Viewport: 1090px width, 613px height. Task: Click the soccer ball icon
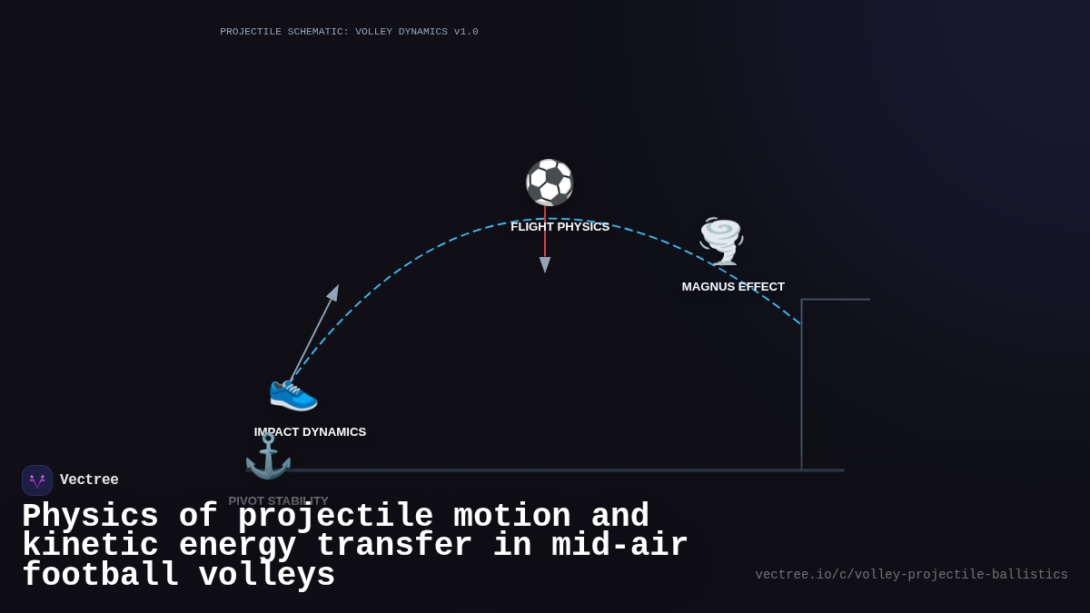pos(550,183)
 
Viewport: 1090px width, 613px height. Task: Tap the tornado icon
pos(721,241)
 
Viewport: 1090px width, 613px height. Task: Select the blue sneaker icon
pos(293,393)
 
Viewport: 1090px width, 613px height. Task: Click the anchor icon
pos(268,456)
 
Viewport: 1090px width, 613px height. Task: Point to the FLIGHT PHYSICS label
pos(560,227)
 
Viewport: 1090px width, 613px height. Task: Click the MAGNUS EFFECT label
pos(733,287)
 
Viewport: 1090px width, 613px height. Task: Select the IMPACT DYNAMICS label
pos(310,432)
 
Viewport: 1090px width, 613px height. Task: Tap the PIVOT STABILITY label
pos(278,500)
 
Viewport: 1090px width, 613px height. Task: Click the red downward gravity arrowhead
pos(545,264)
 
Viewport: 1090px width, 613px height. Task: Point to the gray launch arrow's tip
pos(335,289)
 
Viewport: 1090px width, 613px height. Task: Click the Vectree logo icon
pos(37,480)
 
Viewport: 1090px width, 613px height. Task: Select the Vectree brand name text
pos(89,480)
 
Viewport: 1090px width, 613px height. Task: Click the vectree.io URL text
pos(911,575)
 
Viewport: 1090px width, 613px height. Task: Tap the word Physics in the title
pos(90,517)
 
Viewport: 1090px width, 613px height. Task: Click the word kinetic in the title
pos(90,546)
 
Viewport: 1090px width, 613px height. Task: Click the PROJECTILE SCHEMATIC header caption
pos(349,32)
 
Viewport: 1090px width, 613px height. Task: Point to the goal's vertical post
pos(801,391)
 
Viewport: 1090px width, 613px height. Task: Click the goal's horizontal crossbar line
pos(836,299)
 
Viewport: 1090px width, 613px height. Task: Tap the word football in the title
pos(100,576)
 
